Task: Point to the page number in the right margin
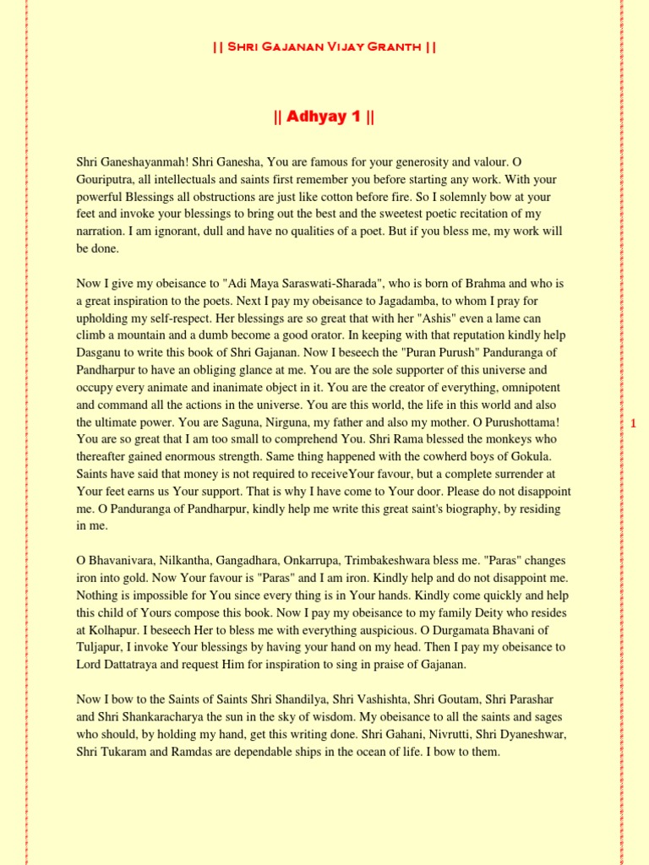pyautogui.click(x=632, y=423)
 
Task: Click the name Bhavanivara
pyautogui.click(x=123, y=561)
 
